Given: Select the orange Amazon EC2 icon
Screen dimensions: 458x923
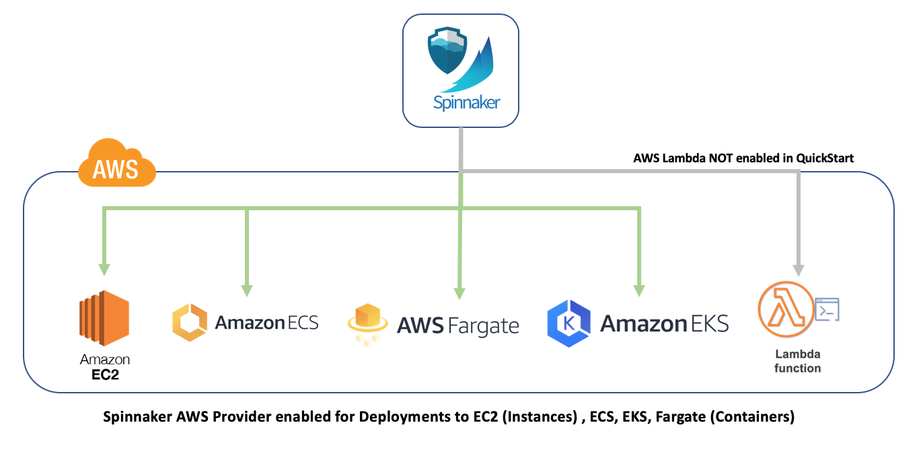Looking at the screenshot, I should coord(104,318).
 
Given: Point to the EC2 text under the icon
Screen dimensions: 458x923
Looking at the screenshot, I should coord(105,374).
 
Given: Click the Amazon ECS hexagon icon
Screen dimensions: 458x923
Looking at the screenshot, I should coord(189,323).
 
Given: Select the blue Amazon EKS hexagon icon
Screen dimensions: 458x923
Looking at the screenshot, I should coord(568,323).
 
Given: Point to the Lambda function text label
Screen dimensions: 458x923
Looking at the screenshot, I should coord(798,361).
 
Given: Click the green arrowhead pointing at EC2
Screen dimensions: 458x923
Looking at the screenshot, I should coord(104,269).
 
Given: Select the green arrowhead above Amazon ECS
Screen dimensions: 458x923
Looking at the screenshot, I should coord(247,290).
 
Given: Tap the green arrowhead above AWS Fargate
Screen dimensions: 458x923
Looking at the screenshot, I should coord(459,292).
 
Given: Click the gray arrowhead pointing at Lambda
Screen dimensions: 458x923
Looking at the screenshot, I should coord(799,269).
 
